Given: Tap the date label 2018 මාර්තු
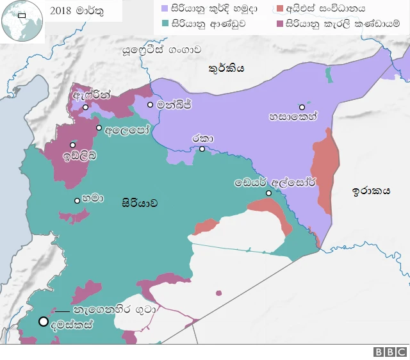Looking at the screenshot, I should [75, 12].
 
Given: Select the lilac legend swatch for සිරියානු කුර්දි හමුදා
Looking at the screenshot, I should [164, 9].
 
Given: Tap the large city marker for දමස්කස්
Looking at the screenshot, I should [44, 322].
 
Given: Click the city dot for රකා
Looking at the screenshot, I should [202, 149].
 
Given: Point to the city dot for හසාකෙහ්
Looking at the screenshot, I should [302, 108].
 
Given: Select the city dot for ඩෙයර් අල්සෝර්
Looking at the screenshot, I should [269, 193].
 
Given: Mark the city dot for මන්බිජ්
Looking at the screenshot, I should [150, 104].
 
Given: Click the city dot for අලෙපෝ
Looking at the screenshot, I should [99, 128].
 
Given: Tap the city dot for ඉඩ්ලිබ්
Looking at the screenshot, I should [72, 145].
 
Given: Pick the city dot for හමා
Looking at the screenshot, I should [77, 200].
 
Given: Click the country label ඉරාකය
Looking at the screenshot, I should [372, 191].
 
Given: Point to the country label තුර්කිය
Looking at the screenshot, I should [226, 69].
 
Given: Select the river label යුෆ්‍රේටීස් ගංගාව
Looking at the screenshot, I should [166, 48].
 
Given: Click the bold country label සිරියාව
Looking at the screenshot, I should [139, 203].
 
